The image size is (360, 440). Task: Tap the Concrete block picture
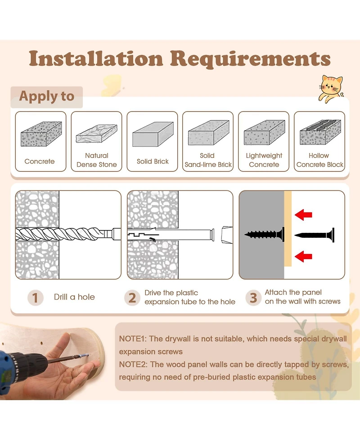41,134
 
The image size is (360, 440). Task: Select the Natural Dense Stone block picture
96,133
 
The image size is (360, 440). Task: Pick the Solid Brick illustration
153,134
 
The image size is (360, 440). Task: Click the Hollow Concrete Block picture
320,132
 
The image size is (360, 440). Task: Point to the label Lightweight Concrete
264,160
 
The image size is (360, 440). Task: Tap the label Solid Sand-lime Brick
208,160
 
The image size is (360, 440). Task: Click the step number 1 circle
36,298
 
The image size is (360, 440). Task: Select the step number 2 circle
132,298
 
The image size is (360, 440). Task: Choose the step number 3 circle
253,298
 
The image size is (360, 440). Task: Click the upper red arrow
303,215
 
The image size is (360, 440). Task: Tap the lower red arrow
303,256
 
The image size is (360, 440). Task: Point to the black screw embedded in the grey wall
265,234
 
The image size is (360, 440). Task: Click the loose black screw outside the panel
315,235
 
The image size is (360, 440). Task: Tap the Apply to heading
47,96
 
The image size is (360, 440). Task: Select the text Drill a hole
74,297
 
